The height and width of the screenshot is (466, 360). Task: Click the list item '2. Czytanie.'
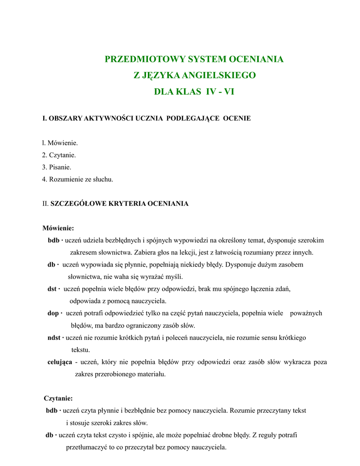click(x=59, y=155)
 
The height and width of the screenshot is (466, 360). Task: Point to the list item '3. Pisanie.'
click(x=56, y=167)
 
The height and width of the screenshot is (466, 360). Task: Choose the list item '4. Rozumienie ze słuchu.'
click(x=77, y=179)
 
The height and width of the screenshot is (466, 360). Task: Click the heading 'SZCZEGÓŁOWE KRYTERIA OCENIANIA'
click(x=119, y=203)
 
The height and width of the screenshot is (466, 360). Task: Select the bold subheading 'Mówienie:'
click(x=58, y=228)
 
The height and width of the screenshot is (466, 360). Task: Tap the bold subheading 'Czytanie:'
click(x=58, y=399)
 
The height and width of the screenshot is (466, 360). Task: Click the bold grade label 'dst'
click(x=52, y=289)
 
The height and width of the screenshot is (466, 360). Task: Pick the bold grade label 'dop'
click(x=53, y=313)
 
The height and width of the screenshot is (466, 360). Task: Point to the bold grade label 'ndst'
click(x=54, y=338)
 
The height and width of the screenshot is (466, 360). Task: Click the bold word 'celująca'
click(x=60, y=362)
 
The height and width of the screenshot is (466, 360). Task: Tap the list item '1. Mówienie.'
click(x=60, y=143)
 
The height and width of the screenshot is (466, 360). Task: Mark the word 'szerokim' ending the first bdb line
click(x=309, y=240)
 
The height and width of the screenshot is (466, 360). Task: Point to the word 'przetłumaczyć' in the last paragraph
click(x=85, y=447)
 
